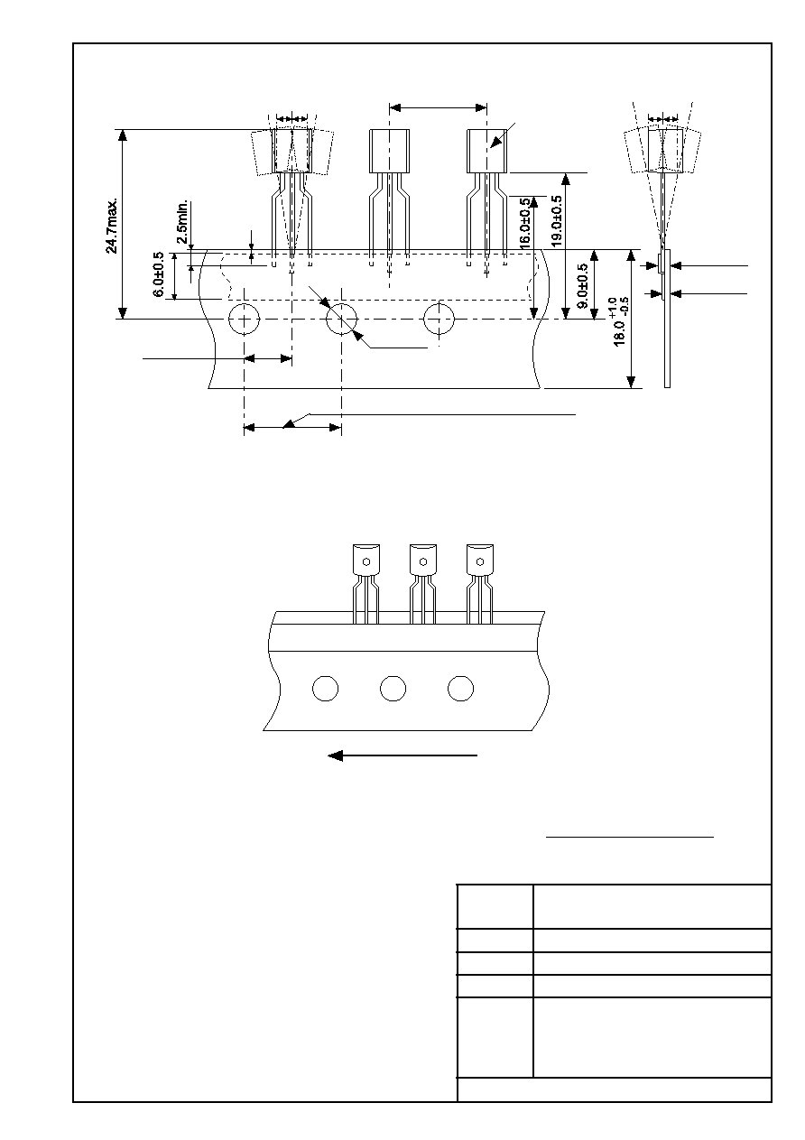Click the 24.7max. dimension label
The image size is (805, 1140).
pyautogui.click(x=111, y=226)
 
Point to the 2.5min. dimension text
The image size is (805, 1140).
pyautogui.click(x=182, y=221)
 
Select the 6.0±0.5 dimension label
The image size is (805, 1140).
pyautogui.click(x=158, y=274)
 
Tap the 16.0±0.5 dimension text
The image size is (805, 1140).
pyautogui.click(x=524, y=222)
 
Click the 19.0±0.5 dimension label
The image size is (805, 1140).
pyautogui.click(x=557, y=221)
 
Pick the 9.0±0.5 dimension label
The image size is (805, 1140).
pyautogui.click(x=583, y=285)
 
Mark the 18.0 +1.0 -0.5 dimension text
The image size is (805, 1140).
pyautogui.click(x=621, y=321)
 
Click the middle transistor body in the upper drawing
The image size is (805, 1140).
pyautogui.click(x=389, y=151)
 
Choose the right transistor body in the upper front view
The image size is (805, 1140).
pyautogui.click(x=487, y=151)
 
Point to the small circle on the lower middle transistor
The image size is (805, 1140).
pyautogui.click(x=423, y=561)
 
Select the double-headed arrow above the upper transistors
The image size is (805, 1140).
pyautogui.click(x=438, y=108)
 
